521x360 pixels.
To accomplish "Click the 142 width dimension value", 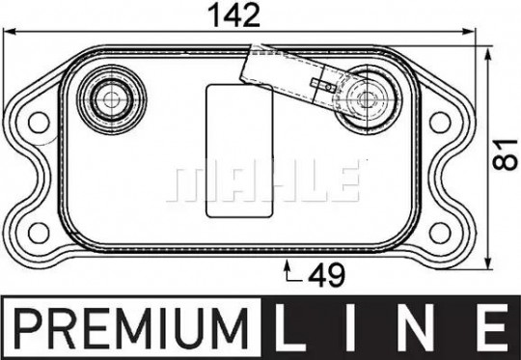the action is [233, 14].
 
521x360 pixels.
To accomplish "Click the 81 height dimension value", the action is [505, 154].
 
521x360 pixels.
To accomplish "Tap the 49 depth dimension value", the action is [327, 275].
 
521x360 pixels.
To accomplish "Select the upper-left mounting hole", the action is [39, 122].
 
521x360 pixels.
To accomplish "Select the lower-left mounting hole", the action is [39, 233].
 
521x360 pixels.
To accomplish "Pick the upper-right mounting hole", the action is [440, 122].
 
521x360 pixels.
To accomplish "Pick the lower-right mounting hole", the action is [440, 233].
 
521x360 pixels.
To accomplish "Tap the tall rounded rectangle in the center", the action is [239, 151].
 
